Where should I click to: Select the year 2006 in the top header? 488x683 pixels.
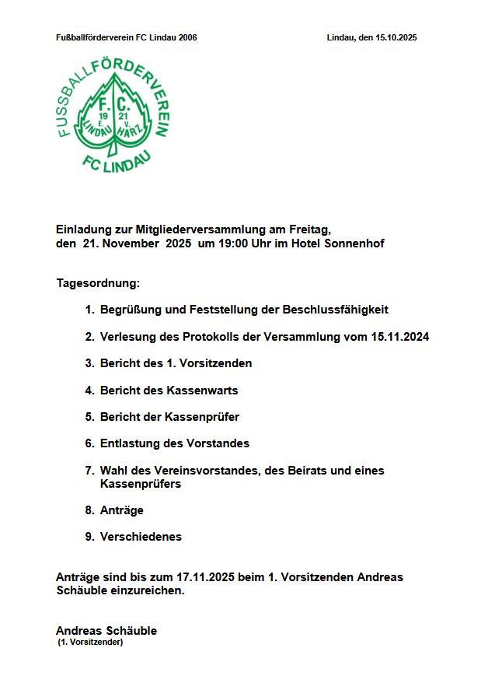pyautogui.click(x=186, y=37)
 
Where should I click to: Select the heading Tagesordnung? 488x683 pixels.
pyautogui.click(x=97, y=283)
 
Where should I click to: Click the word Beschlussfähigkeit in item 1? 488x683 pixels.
pyautogui.click(x=335, y=310)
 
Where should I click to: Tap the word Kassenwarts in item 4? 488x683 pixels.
pyautogui.click(x=202, y=390)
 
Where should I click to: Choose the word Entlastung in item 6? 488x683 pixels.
pyautogui.click(x=131, y=443)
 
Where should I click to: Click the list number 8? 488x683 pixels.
pyautogui.click(x=89, y=510)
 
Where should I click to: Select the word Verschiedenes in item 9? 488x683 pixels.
pyautogui.click(x=141, y=537)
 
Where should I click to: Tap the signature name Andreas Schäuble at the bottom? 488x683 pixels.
pyautogui.click(x=106, y=631)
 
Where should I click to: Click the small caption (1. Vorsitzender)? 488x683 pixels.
pyautogui.click(x=91, y=643)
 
